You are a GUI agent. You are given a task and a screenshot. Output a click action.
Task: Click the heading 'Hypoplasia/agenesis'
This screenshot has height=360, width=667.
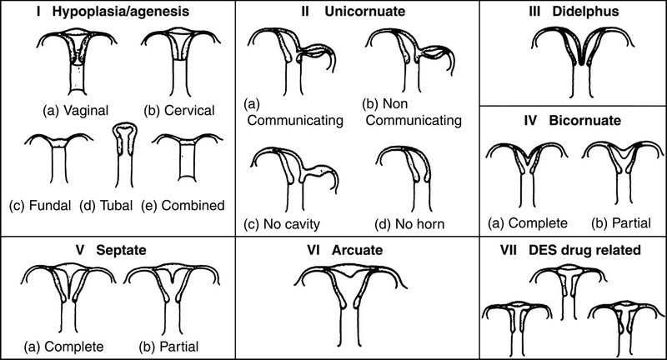click(x=120, y=11)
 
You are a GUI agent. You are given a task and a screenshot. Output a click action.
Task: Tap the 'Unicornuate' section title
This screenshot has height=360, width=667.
click(x=364, y=11)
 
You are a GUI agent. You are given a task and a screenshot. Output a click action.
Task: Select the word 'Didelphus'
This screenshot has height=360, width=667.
click(x=585, y=11)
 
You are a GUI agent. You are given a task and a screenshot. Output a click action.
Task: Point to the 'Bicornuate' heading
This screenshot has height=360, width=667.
click(x=585, y=120)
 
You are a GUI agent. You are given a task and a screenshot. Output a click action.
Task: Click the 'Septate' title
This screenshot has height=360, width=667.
click(x=121, y=250)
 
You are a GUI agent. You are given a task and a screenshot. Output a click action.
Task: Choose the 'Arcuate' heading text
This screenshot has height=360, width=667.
click(x=357, y=250)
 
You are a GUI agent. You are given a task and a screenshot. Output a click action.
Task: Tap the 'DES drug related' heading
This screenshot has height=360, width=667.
click(x=584, y=250)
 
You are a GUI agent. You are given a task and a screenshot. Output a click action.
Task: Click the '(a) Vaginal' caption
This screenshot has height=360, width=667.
click(x=76, y=111)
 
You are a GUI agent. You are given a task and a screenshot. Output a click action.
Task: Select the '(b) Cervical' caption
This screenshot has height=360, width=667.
click(x=179, y=111)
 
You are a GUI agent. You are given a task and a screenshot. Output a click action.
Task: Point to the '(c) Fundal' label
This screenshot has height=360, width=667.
click(x=40, y=206)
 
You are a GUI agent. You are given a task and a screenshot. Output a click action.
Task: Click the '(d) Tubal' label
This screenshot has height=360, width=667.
click(x=106, y=206)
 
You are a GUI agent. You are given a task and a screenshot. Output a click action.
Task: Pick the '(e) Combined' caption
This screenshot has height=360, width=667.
click(x=183, y=206)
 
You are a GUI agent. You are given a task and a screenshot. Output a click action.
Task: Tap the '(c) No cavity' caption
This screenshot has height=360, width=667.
click(x=282, y=224)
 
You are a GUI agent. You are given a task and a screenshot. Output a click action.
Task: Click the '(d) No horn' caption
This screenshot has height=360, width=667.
click(x=409, y=224)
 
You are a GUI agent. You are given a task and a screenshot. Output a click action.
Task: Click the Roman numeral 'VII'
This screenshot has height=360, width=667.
click(x=509, y=250)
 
